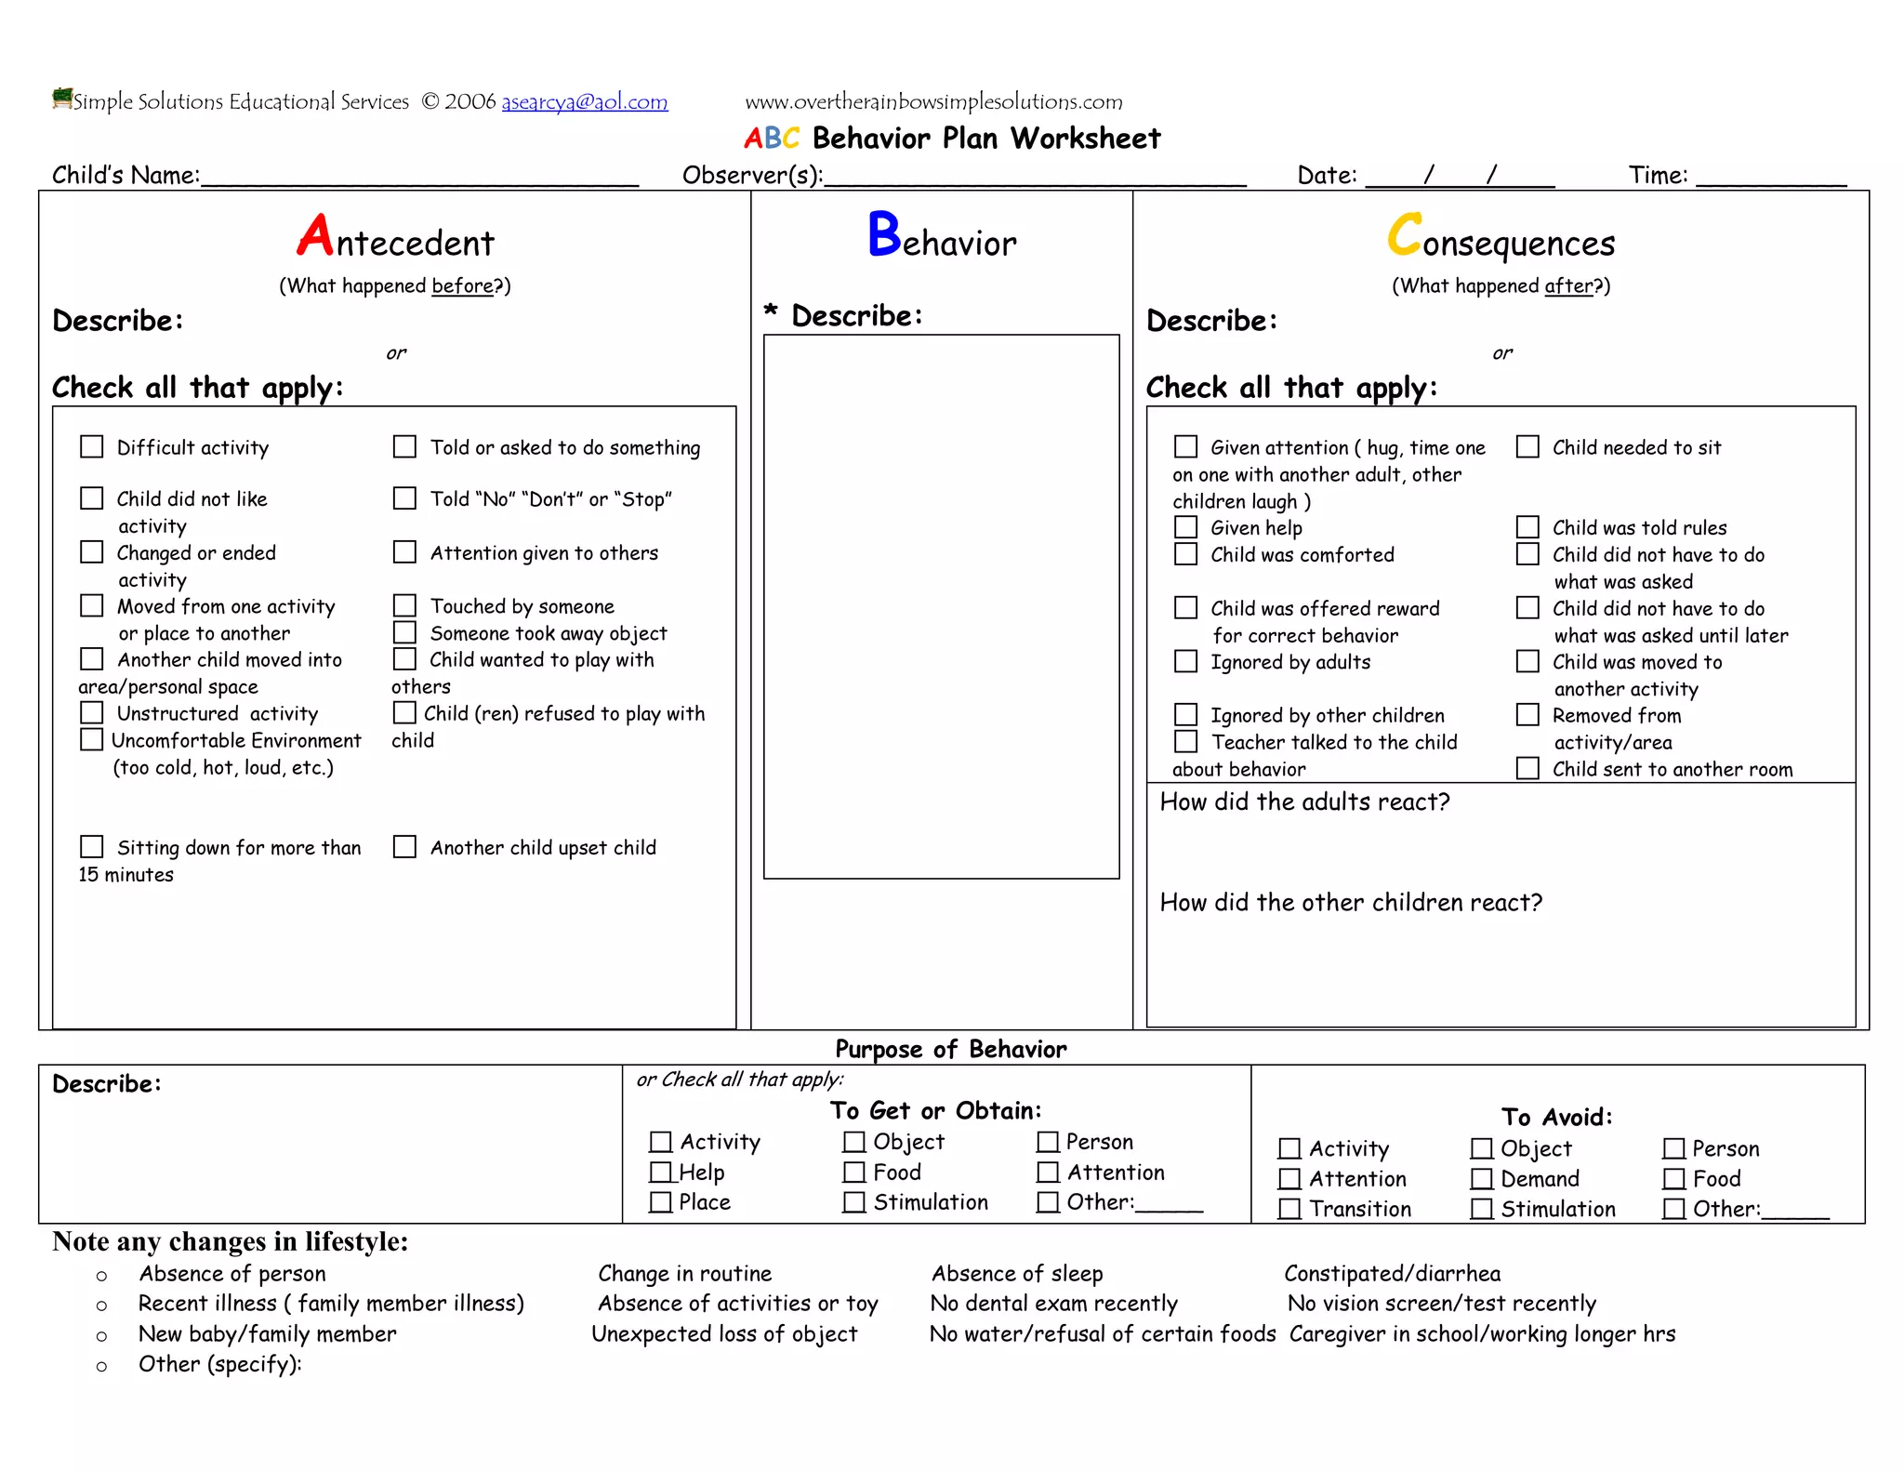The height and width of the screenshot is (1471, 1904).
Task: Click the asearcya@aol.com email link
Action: point(584,101)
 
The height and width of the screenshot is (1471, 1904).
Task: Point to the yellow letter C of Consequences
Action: point(1404,235)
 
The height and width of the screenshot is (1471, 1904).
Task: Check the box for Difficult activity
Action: point(92,447)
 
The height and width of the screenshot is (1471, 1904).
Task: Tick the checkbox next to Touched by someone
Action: point(404,606)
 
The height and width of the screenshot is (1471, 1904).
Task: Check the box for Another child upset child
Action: point(404,847)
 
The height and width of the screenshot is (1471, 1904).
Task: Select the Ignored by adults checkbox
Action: point(1185,661)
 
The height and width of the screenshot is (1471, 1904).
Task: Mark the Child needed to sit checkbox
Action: point(1527,447)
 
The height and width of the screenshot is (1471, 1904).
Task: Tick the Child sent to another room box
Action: point(1527,768)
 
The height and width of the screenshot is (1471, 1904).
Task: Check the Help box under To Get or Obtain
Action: point(660,1172)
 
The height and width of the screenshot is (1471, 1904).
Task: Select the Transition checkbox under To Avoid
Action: point(1289,1209)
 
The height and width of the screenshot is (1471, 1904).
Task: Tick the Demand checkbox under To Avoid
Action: point(1482,1179)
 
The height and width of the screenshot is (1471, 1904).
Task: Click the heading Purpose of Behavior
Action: point(950,1049)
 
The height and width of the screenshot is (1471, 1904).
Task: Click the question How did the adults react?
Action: point(1303,802)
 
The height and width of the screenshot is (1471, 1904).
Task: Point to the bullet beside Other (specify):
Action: point(102,1366)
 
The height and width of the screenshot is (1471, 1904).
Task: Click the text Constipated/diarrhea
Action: point(1392,1273)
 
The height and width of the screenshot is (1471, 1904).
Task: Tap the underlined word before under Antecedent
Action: point(462,285)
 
